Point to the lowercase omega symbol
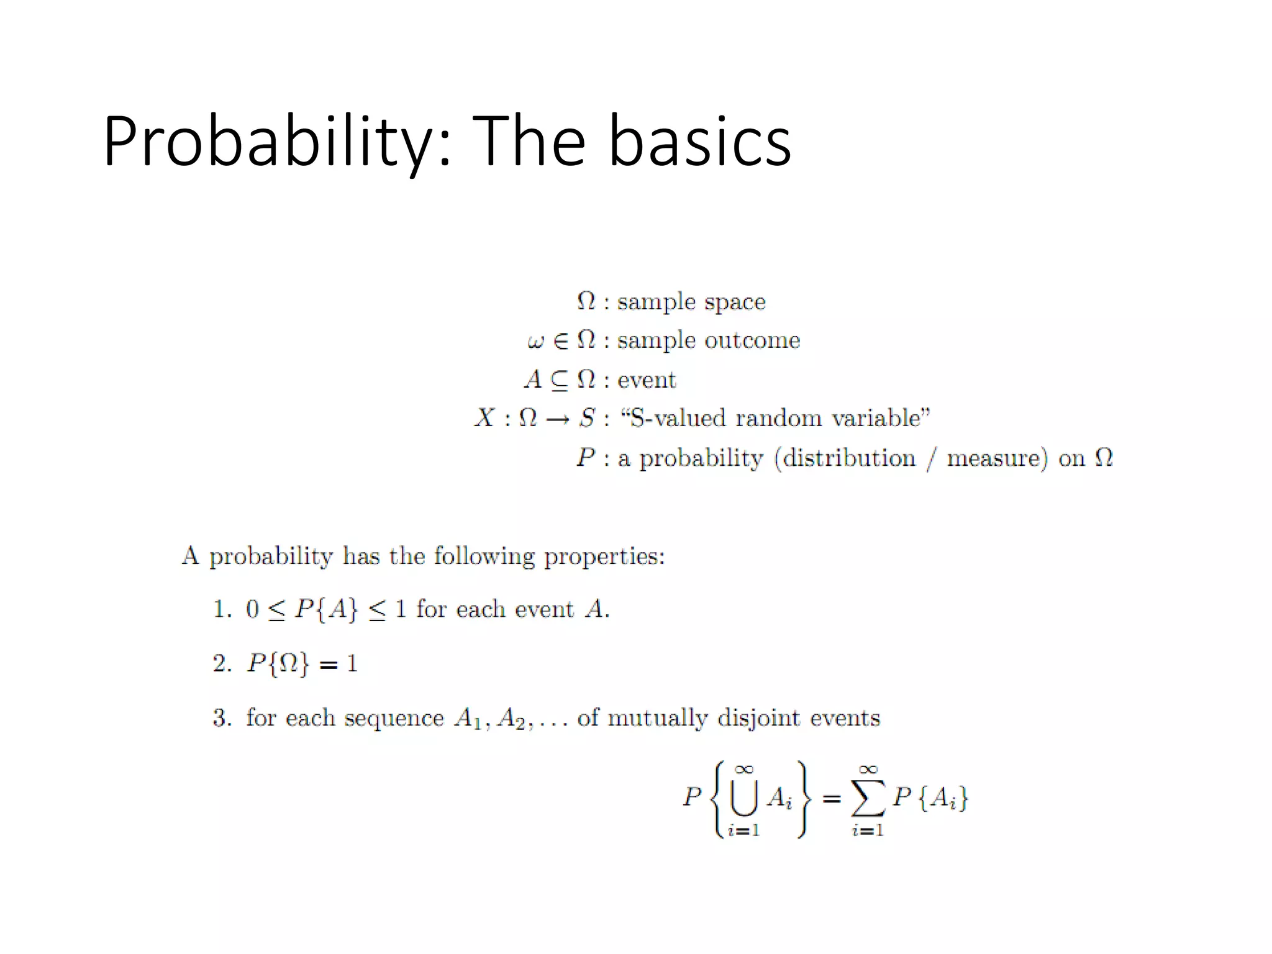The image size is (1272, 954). point(535,342)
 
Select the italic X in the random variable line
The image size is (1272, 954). point(484,418)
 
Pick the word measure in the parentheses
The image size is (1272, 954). point(996,458)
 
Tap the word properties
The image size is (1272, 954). point(604,556)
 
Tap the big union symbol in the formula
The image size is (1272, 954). point(744,799)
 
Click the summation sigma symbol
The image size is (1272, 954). point(868,799)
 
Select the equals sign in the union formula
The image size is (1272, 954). point(831,799)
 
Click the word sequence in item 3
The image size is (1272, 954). point(394,719)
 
